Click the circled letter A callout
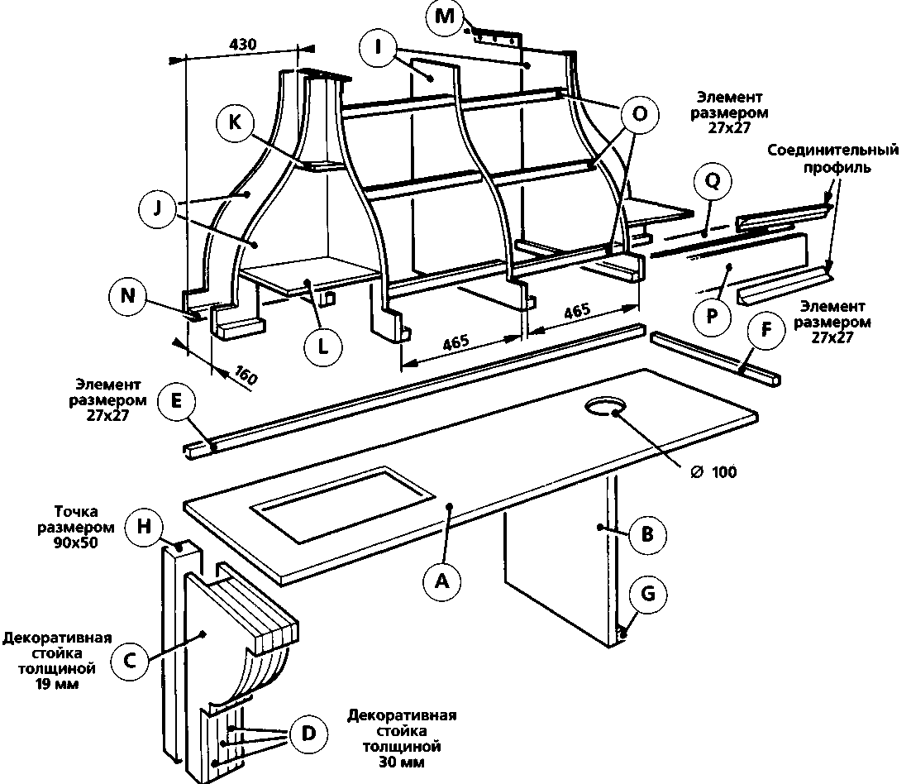[x=441, y=581]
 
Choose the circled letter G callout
[x=647, y=592]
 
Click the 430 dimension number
[x=241, y=43]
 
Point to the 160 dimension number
[x=245, y=374]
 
